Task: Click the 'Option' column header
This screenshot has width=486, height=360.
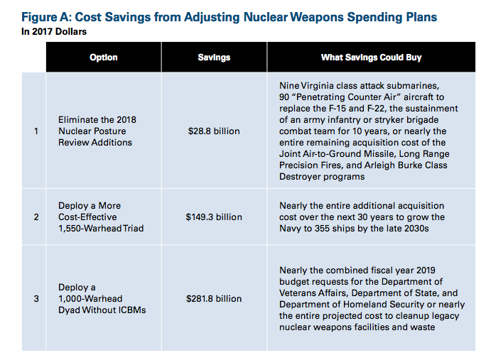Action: (103, 57)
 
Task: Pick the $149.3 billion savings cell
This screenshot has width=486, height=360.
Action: (214, 217)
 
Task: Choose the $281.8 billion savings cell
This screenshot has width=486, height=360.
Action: (214, 298)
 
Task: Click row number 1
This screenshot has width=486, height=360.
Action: (35, 131)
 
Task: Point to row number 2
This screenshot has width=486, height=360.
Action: (35, 217)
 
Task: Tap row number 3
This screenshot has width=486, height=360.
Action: (35, 298)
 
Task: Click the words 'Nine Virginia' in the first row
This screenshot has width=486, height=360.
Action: (306, 85)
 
